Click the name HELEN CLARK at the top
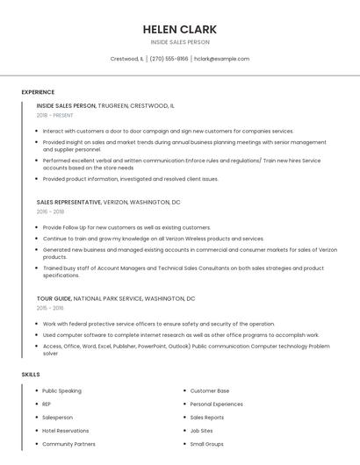180,29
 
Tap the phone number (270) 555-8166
169,59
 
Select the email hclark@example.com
221,59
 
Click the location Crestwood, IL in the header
126,59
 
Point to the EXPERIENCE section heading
38,92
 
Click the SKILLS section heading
31,375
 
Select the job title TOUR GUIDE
54,298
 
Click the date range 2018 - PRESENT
55,115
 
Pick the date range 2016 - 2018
50,211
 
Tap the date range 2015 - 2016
50,308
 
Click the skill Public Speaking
61,390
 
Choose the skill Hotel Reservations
66,431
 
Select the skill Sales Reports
207,418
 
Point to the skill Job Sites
201,431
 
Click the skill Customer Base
210,390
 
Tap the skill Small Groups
206,444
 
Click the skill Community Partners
68,444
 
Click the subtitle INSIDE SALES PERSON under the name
180,42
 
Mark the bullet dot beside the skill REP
35,404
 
